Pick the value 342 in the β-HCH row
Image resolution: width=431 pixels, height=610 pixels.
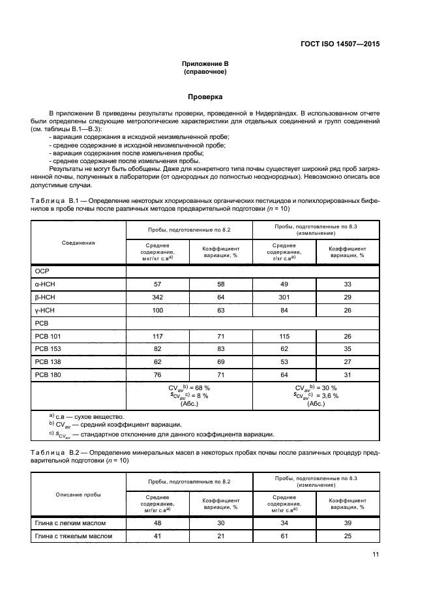pos(156,297)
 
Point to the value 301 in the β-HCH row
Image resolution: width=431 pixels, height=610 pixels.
pos(284,297)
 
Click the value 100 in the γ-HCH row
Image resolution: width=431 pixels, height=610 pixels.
pos(156,310)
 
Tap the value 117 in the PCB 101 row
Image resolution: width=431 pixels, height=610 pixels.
pos(156,336)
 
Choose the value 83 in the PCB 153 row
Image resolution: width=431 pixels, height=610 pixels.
pos(220,348)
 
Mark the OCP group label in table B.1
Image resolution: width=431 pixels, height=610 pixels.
pos(42,271)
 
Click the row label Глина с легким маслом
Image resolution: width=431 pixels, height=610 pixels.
pos(70,523)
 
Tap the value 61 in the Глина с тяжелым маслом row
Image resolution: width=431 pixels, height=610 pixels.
pos(284,536)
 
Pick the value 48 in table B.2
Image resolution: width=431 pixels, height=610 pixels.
pos(156,523)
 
